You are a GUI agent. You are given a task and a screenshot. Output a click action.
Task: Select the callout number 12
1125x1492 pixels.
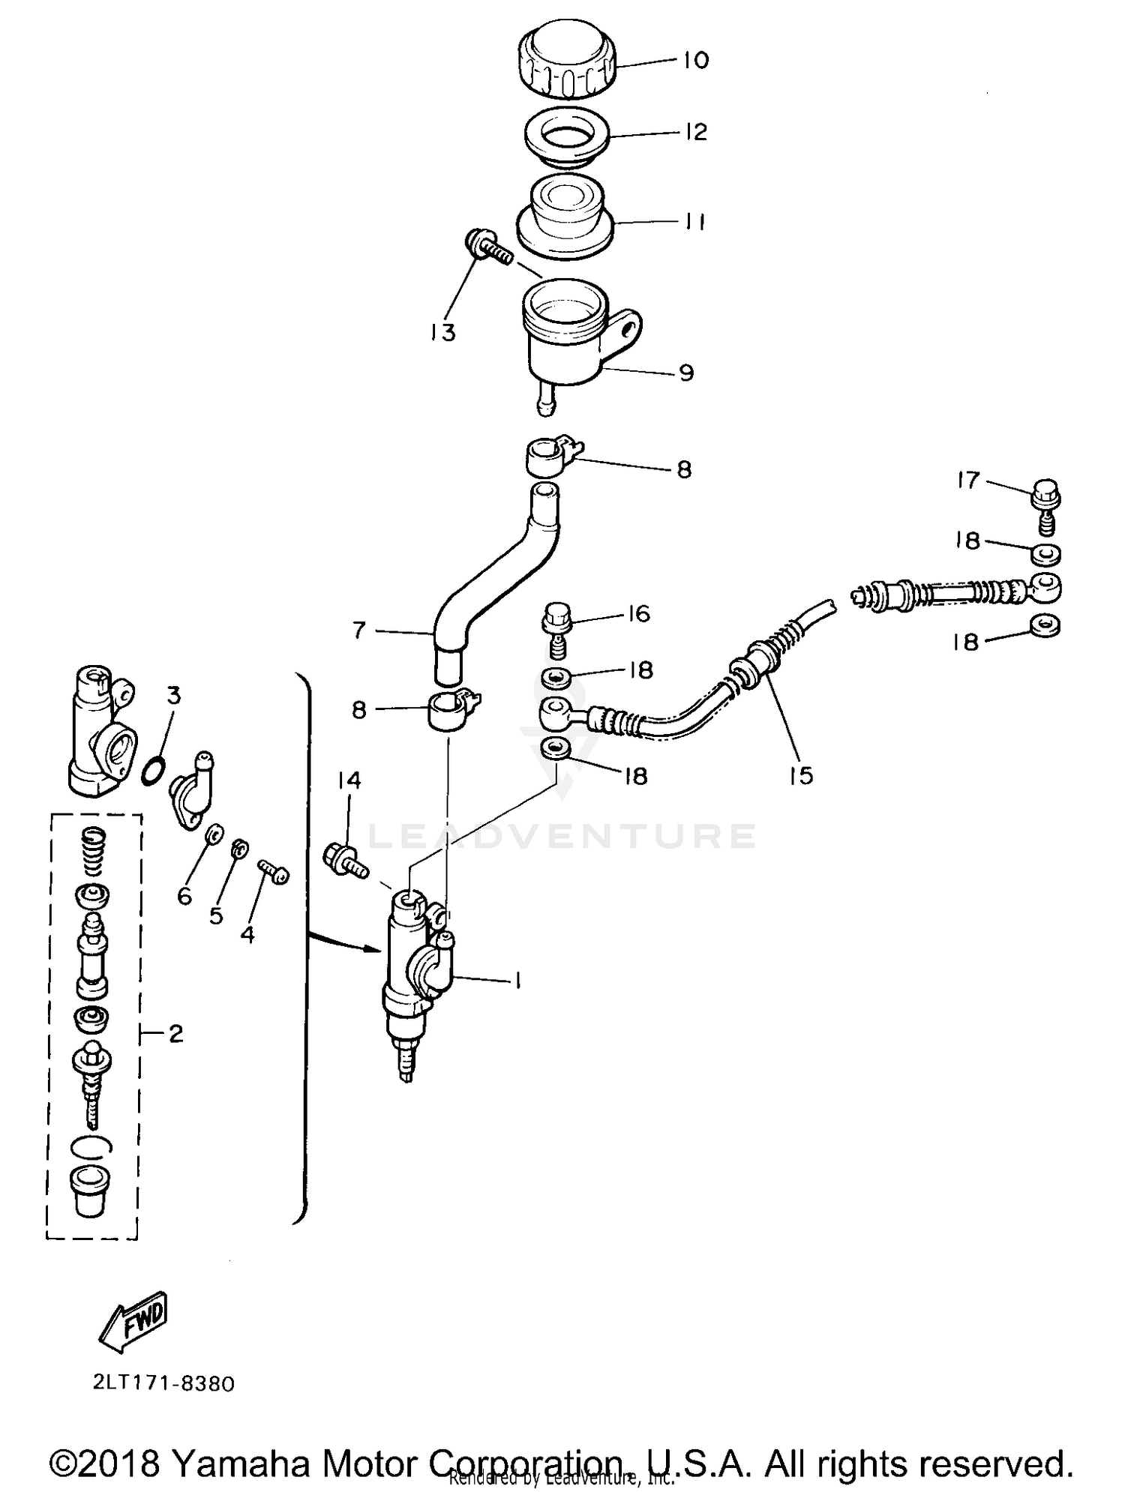(696, 132)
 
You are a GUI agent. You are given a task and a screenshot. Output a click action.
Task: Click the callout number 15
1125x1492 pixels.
(801, 774)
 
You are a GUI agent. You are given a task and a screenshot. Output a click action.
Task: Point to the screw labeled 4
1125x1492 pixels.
(274, 871)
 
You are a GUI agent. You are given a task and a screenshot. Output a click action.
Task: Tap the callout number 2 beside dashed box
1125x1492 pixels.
(175, 1035)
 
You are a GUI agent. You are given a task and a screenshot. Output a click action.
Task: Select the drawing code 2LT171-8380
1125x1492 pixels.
(163, 1383)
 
